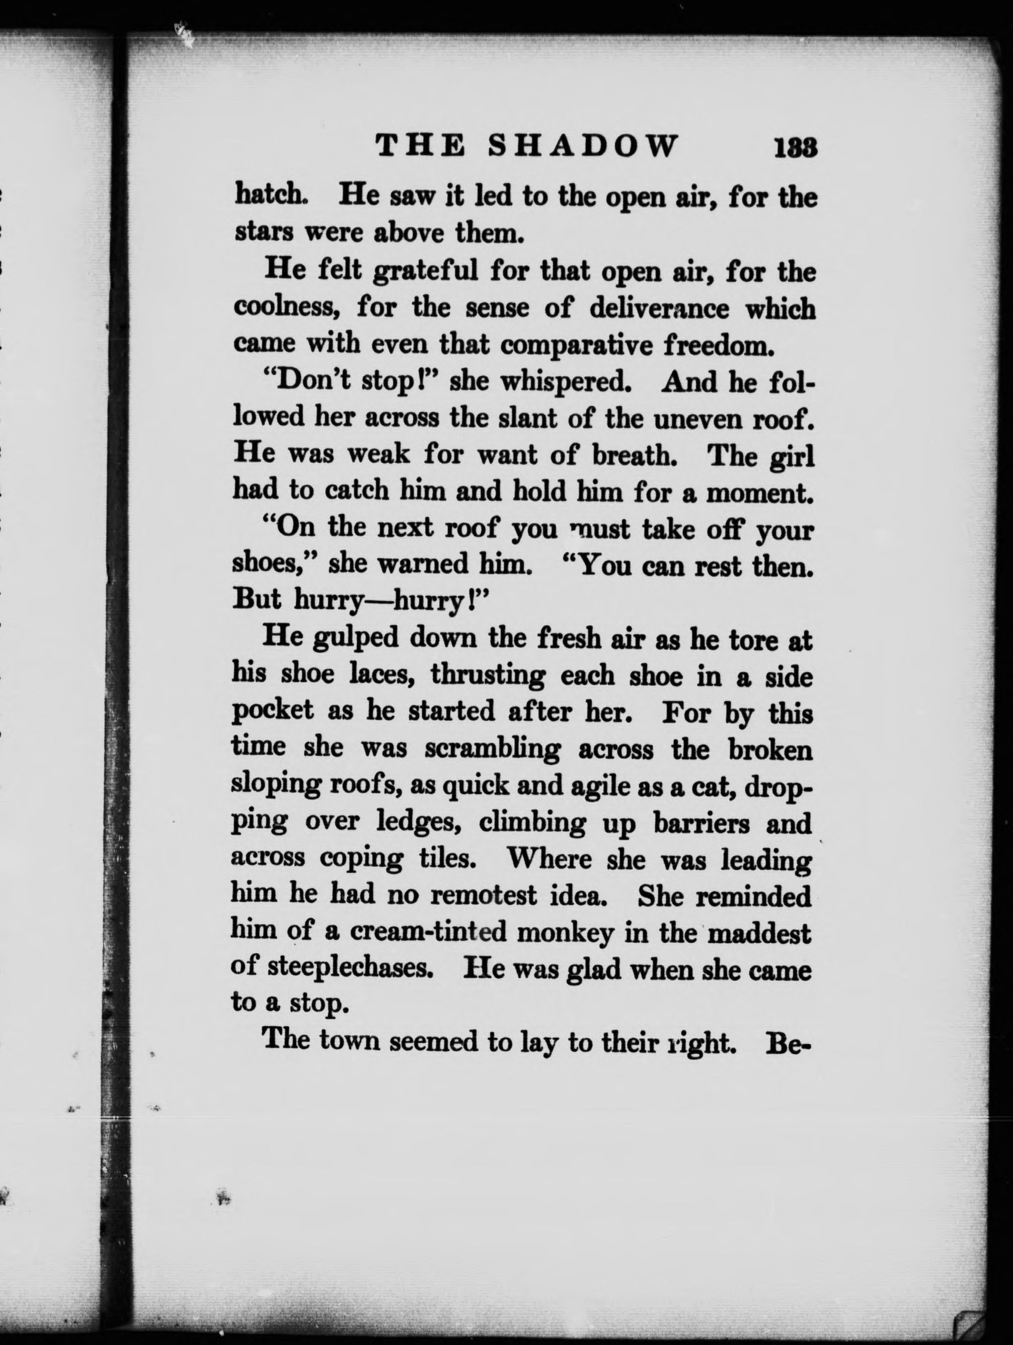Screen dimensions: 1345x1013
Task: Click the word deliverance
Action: point(659,309)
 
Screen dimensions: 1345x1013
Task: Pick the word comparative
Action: point(576,345)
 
